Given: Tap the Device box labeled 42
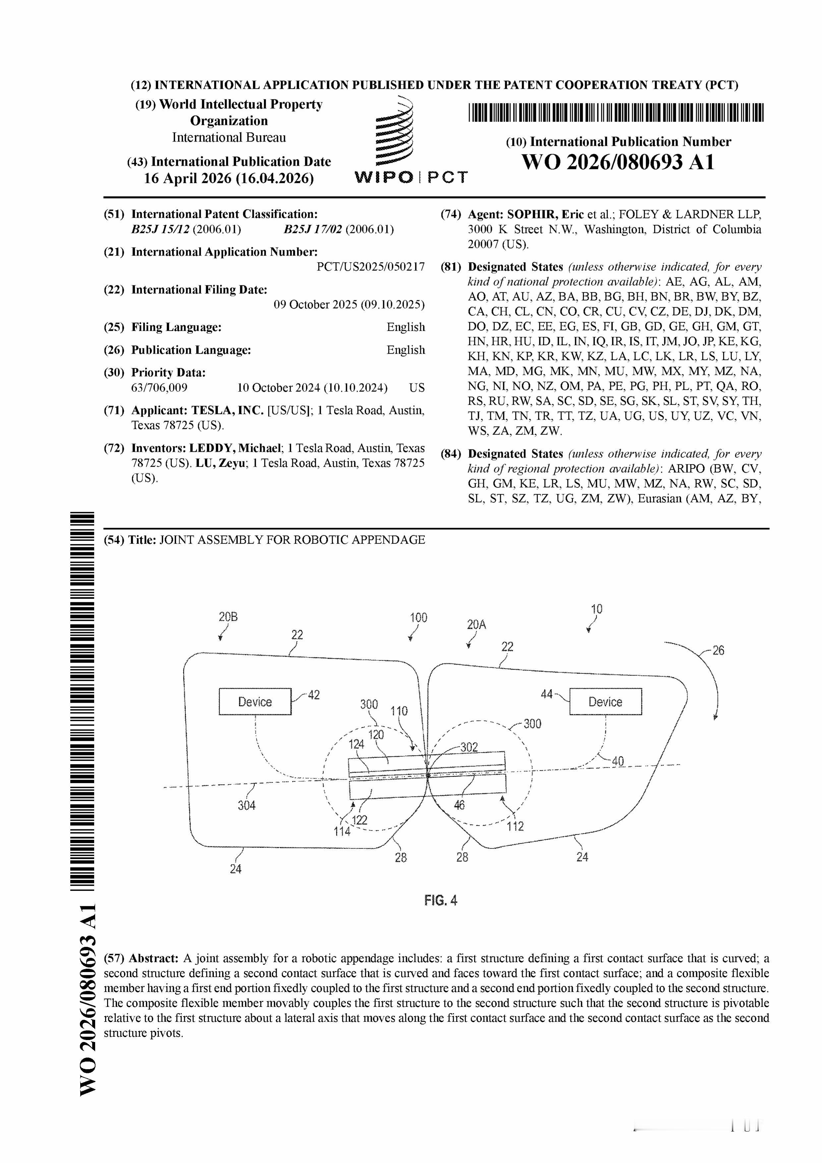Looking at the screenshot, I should (255, 702).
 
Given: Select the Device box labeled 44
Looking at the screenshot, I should (605, 702).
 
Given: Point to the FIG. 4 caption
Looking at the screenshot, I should (440, 900).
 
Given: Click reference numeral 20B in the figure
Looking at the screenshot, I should (228, 617).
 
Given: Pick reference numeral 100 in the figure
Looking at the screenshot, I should (418, 617).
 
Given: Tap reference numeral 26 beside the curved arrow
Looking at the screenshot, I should (718, 650).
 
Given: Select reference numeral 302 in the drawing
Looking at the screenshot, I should (469, 747).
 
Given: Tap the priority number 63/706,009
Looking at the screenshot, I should (159, 388).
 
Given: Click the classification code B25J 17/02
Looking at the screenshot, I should (314, 229).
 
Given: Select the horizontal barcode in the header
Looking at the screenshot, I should (616, 112).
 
